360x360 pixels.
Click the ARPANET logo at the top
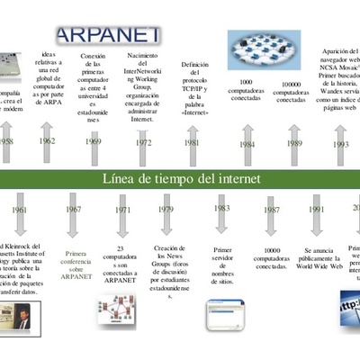109,34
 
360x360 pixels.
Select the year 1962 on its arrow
47,141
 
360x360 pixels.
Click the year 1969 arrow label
92,142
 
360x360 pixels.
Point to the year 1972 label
142,142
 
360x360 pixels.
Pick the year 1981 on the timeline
192,142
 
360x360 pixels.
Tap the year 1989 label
293,142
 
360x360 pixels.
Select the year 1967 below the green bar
73,211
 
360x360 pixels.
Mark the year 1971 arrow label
121,211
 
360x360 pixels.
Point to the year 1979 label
166,211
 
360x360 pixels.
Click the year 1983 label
221,209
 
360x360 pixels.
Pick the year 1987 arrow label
270,211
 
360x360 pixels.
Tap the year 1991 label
316,211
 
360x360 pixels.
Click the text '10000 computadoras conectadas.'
271,259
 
